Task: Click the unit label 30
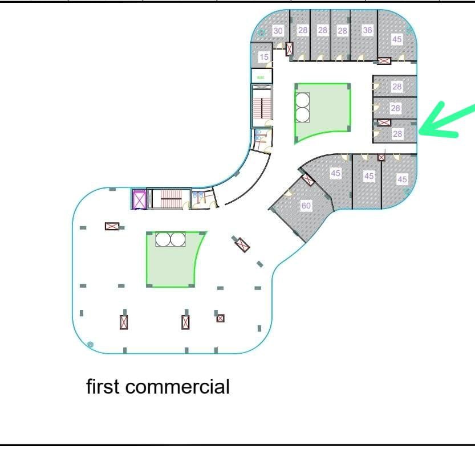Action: point(278,31)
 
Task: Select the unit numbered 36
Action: point(364,35)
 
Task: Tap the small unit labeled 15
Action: point(262,56)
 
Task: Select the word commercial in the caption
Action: point(177,387)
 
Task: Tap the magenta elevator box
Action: point(139,199)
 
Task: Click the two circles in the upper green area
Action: point(302,108)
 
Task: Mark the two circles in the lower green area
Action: point(170,239)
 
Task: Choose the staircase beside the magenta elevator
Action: point(168,199)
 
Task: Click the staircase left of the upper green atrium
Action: point(262,107)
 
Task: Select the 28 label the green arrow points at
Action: point(397,133)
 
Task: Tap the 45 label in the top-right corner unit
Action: point(397,39)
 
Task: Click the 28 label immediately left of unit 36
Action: point(342,31)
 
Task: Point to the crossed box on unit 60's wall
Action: point(308,179)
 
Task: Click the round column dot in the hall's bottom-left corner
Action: point(90,344)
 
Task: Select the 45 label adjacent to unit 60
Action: point(335,173)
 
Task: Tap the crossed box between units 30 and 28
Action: point(289,49)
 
